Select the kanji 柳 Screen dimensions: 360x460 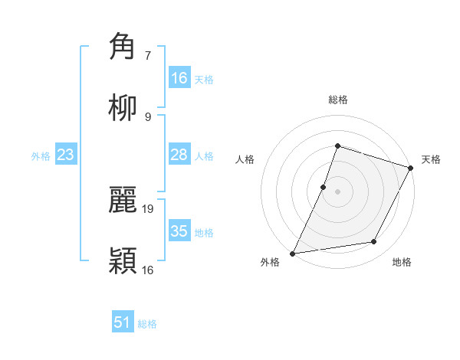pyautogui.click(x=123, y=108)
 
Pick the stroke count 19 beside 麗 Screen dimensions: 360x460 pyautogui.click(x=149, y=208)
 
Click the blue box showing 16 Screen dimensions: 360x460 pyautogui.click(x=179, y=78)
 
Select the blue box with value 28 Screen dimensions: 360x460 pyautogui.click(x=179, y=155)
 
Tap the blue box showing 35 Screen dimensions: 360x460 pyautogui.click(x=179, y=231)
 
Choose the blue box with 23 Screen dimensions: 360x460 pyautogui.click(x=66, y=155)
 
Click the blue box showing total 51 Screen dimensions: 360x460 pyautogui.click(x=123, y=322)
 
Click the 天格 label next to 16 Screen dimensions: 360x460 pyautogui.click(x=204, y=80)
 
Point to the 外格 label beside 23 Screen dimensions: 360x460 pyautogui.click(x=41, y=156)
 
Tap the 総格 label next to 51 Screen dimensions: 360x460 pyautogui.click(x=147, y=324)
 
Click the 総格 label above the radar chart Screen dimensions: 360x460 pyautogui.click(x=337, y=100)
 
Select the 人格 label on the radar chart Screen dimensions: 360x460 pyautogui.click(x=245, y=159)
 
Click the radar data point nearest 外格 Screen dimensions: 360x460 pyautogui.click(x=293, y=253)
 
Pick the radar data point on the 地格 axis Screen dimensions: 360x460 pyautogui.click(x=374, y=242)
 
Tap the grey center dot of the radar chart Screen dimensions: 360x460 pyautogui.click(x=337, y=191)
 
